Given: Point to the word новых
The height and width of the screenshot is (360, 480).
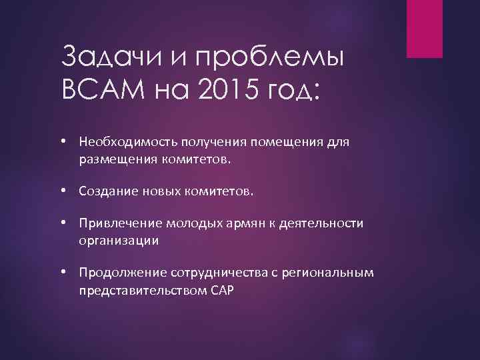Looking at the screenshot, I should click(x=157, y=191).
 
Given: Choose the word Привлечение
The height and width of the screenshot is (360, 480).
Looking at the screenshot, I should click(x=115, y=223).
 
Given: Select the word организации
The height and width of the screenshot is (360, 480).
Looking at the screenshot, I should click(x=118, y=241).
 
